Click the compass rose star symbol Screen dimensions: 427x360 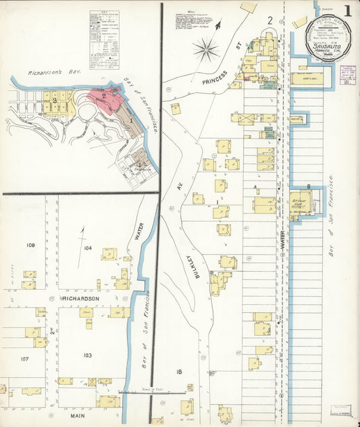pyautogui.click(x=206, y=49)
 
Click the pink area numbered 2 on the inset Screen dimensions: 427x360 pyautogui.click(x=104, y=97)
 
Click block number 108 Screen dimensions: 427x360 pyautogui.click(x=30, y=245)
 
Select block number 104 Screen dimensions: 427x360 pyautogui.click(x=86, y=249)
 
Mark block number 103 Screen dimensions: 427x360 pyautogui.click(x=86, y=355)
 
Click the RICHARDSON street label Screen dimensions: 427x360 pyautogui.click(x=80, y=298)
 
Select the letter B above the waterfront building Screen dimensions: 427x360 pyautogui.click(x=308, y=186)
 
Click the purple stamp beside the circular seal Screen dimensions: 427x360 pyautogui.click(x=349, y=74)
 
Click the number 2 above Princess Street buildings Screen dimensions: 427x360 pyautogui.click(x=269, y=20)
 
